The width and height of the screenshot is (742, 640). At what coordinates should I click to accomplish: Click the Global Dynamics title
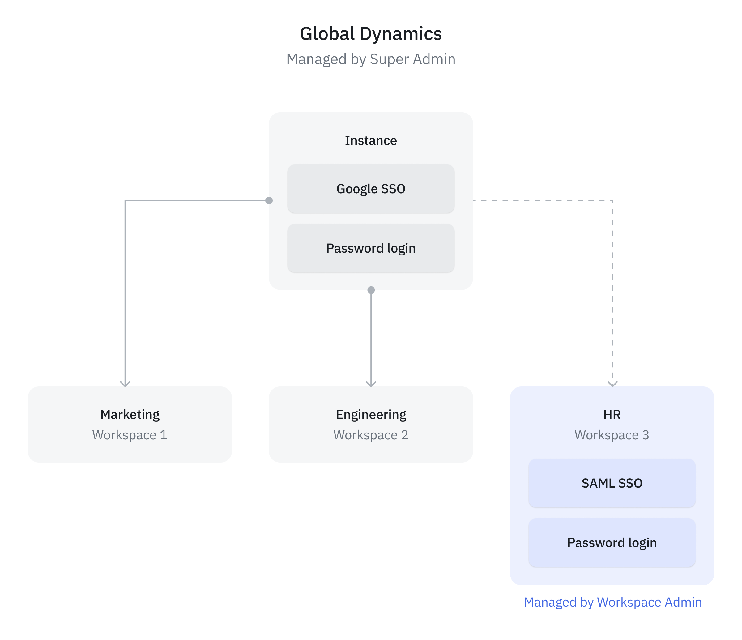pos(371,34)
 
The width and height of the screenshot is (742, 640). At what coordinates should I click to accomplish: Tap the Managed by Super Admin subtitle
pos(371,59)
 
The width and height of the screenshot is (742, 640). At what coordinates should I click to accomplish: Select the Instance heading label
pos(371,141)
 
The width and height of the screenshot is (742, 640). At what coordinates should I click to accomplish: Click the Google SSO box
pos(371,189)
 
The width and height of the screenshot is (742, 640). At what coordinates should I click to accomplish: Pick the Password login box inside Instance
pos(371,248)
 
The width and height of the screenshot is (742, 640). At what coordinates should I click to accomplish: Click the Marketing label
pos(130,415)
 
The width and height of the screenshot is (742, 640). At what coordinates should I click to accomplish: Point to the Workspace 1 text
pos(130,435)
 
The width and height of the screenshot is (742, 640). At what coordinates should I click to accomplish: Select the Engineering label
pos(371,415)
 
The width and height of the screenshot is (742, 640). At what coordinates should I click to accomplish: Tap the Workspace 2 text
pos(371,435)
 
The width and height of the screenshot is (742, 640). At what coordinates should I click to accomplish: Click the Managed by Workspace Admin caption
pos(613,602)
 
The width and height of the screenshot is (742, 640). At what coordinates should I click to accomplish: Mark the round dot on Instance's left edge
pos(269,200)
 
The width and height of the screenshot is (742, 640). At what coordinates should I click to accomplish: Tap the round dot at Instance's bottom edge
pos(371,290)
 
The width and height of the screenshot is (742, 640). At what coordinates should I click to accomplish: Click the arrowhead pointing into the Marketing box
pos(125,384)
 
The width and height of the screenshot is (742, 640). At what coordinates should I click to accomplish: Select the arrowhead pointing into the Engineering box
pos(371,384)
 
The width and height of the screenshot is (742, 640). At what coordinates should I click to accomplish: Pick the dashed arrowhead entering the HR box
pos(612,384)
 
